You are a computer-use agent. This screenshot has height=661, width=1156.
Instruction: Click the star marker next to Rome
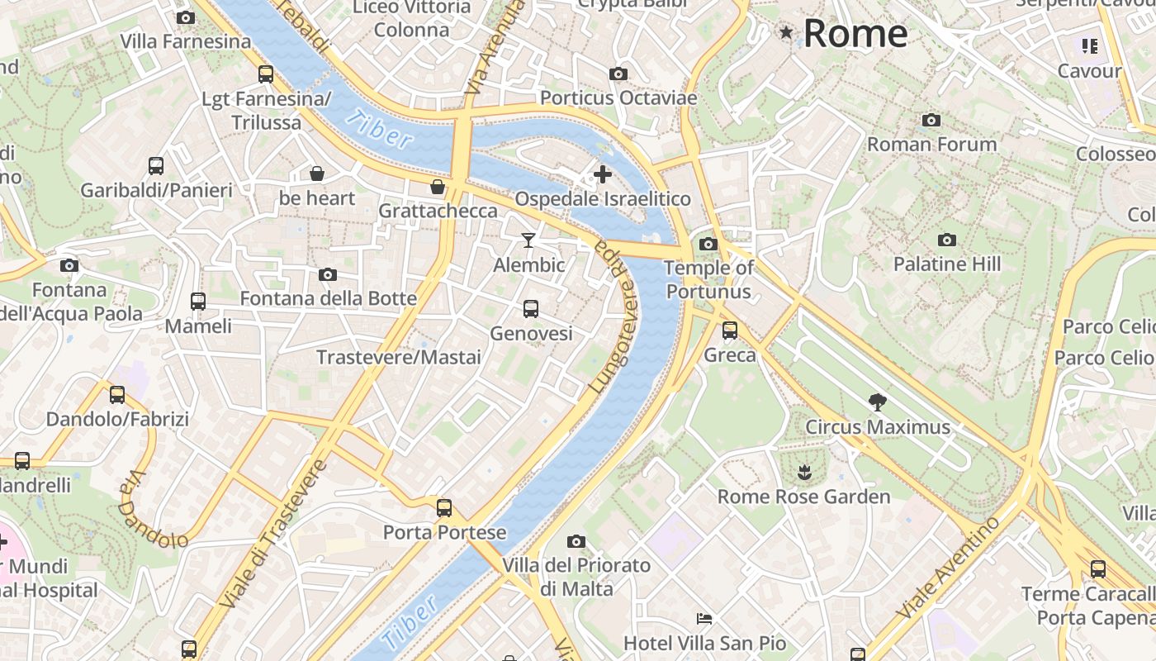[x=786, y=32]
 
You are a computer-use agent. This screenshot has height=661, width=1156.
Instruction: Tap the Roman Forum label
[x=931, y=145]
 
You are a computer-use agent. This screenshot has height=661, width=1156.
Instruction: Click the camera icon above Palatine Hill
[x=947, y=240]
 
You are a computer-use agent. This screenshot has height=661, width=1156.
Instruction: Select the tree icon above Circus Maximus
[x=878, y=402]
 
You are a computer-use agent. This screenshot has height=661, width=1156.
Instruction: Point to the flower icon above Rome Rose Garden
[x=803, y=473]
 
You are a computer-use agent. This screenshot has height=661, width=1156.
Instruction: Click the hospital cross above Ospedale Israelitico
[x=603, y=174]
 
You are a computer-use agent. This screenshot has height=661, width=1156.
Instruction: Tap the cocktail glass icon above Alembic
[x=528, y=240]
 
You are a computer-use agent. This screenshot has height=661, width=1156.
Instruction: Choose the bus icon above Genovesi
[x=531, y=309]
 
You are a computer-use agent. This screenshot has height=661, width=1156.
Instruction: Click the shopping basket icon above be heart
[x=316, y=174]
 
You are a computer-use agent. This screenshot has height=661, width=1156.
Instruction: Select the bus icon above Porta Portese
[x=444, y=507]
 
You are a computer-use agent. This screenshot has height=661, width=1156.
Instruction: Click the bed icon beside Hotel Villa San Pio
[x=704, y=618]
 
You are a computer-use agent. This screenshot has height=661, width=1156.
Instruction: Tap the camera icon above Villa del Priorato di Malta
[x=576, y=542]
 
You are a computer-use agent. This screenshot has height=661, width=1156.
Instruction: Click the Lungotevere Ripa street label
[x=614, y=322]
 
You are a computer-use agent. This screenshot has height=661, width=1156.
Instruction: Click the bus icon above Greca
[x=730, y=330]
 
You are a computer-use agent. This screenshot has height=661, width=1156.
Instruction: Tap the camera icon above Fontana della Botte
[x=328, y=274]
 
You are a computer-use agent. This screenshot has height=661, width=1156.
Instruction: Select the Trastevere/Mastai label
[x=399, y=358]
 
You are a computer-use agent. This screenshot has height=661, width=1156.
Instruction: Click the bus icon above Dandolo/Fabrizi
[x=117, y=395]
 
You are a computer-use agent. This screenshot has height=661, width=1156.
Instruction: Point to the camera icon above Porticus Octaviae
[x=618, y=74]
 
